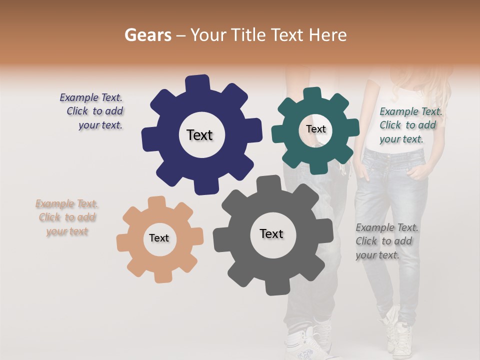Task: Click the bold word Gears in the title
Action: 147,35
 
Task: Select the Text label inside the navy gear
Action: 199,135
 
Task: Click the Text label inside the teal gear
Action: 315,129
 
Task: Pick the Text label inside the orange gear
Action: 159,238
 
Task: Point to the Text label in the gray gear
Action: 271,233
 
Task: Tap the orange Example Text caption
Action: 67,217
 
